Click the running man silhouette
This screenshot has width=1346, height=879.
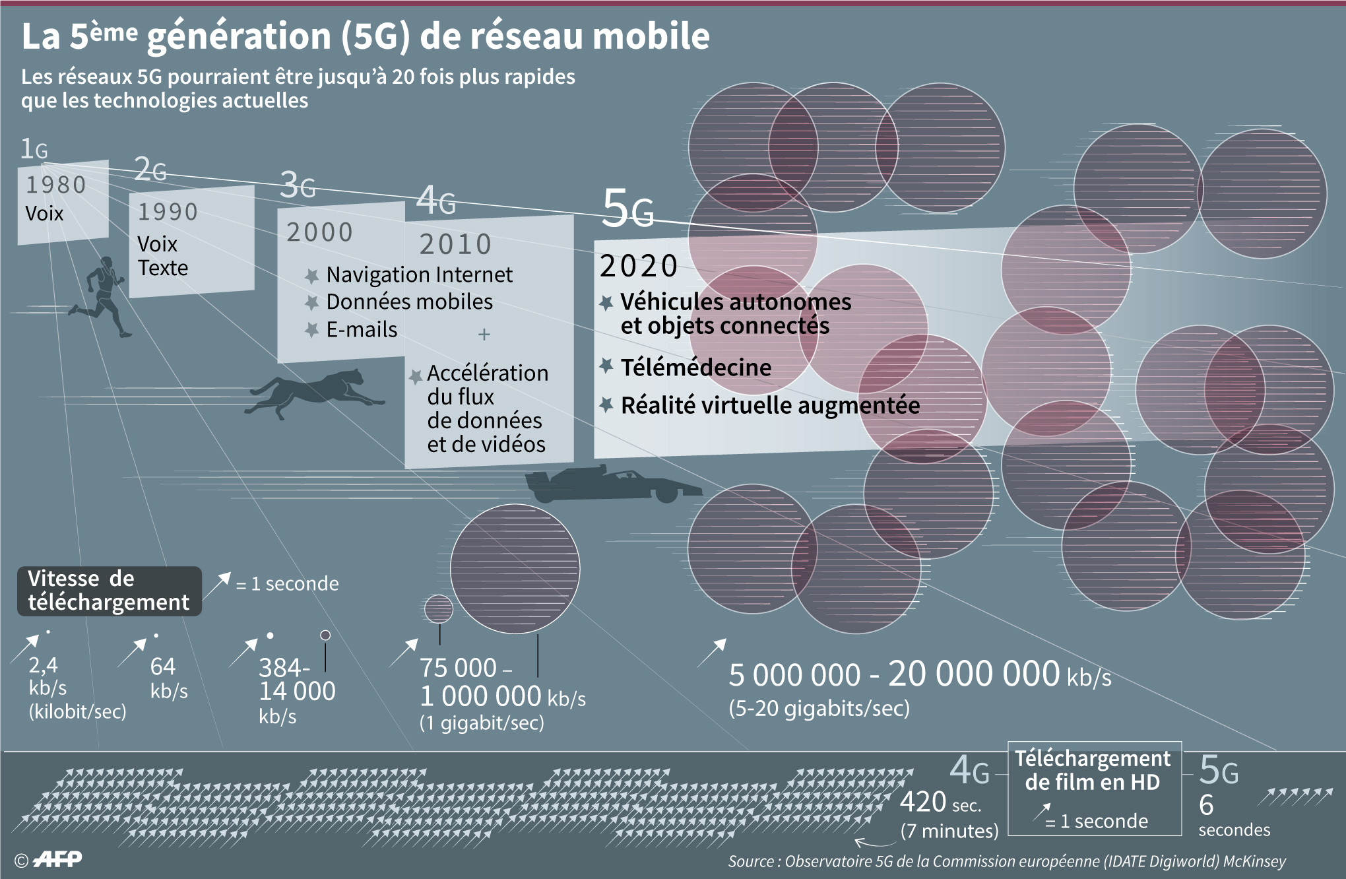[102, 297]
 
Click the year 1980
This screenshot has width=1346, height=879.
[56, 185]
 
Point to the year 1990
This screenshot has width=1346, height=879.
[168, 212]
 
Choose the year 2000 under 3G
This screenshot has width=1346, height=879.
[319, 232]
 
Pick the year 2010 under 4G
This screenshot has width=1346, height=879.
[455, 245]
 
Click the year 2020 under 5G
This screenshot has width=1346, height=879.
[639, 267]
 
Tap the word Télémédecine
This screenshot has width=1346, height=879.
[695, 367]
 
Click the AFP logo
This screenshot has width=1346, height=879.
[57, 859]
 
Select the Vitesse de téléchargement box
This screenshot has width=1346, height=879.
[109, 591]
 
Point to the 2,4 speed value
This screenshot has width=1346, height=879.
[43, 665]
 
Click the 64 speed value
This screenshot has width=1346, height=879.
[162, 667]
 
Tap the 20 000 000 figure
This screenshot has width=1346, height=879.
[974, 674]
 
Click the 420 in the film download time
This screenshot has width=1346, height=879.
[923, 802]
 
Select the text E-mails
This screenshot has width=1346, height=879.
[362, 329]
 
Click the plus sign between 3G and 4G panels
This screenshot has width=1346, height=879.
[484, 335]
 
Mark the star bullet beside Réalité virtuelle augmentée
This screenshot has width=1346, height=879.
[606, 405]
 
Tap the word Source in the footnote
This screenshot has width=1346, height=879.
[751, 861]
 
